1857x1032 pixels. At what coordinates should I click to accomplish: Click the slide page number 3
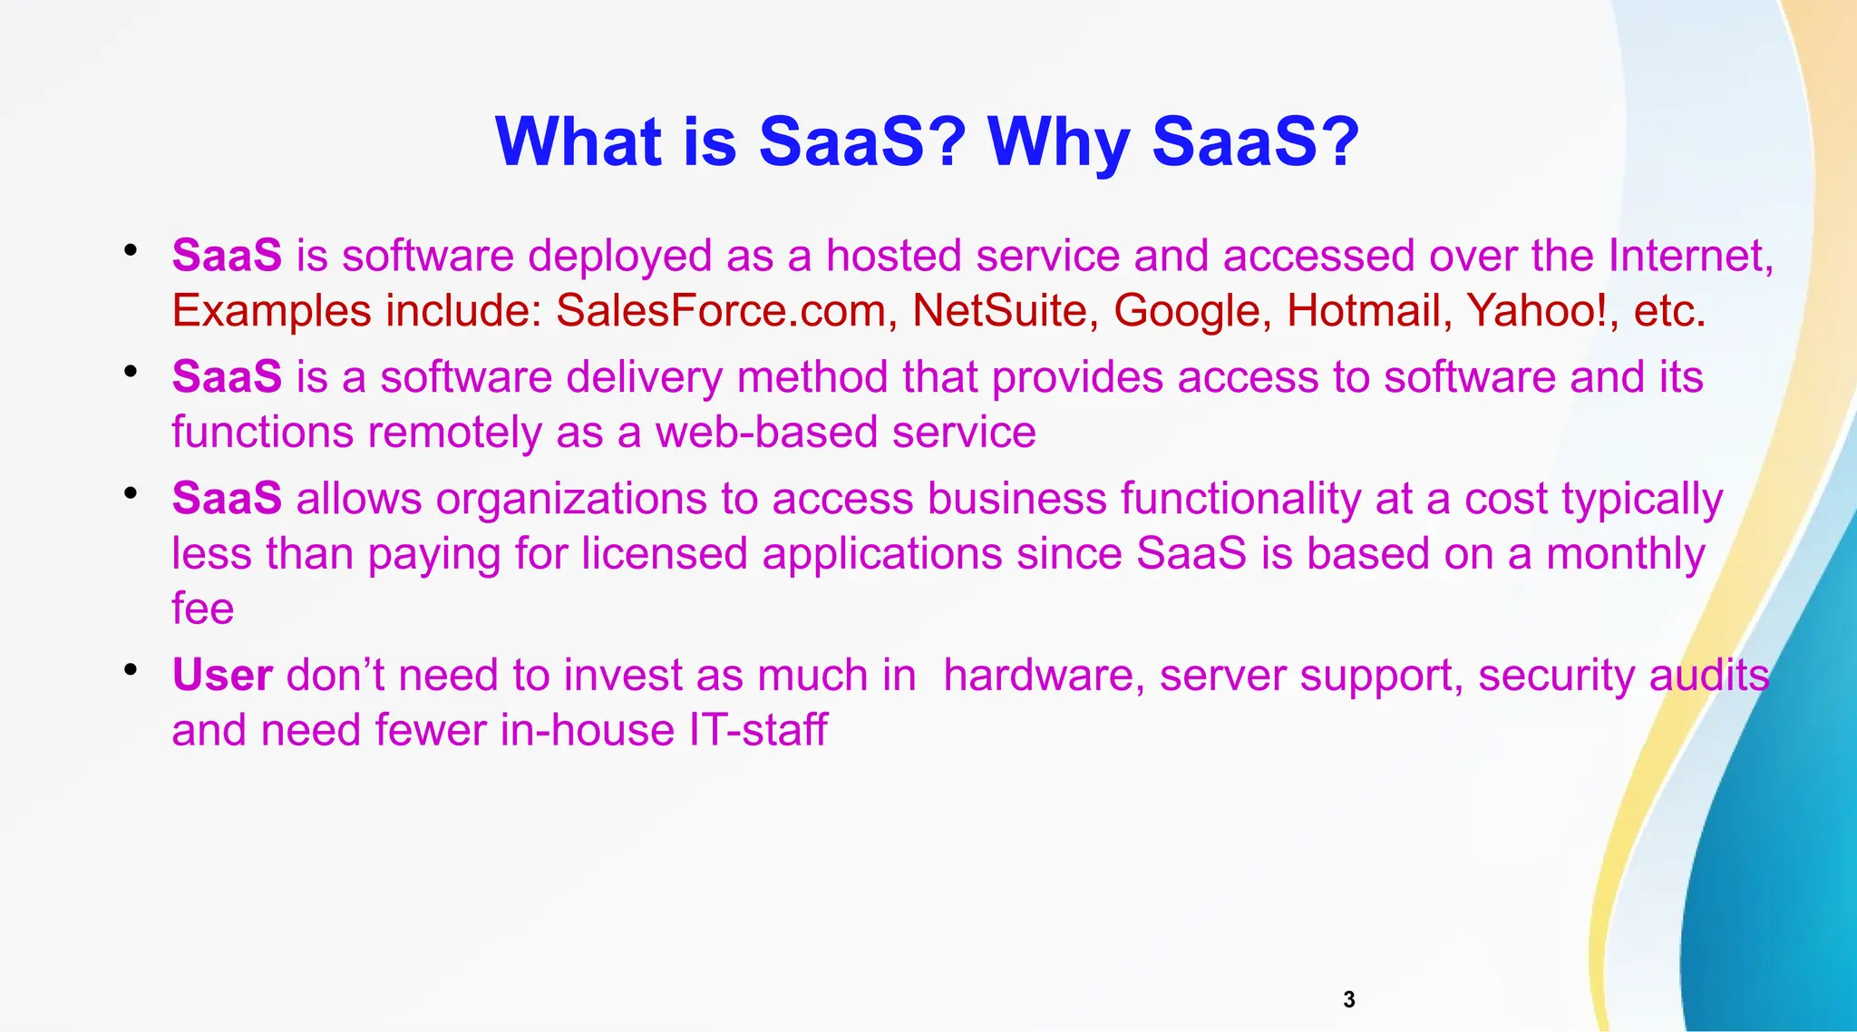pyautogui.click(x=1348, y=999)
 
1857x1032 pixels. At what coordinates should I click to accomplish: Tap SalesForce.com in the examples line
pyautogui.click(x=720, y=311)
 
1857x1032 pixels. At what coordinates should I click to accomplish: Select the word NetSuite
pyautogui.click(x=999, y=311)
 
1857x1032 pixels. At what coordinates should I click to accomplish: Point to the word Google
pyautogui.click(x=1186, y=311)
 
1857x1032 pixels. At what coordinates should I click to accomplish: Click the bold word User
pyautogui.click(x=222, y=676)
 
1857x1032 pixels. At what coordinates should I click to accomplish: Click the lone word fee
pyautogui.click(x=202, y=608)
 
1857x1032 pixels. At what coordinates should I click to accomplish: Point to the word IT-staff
pyautogui.click(x=757, y=730)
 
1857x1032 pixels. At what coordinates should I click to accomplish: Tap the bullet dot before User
pyautogui.click(x=131, y=670)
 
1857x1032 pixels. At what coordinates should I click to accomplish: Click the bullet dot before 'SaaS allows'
pyautogui.click(x=131, y=493)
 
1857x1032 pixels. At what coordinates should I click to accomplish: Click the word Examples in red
pyautogui.click(x=271, y=311)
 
